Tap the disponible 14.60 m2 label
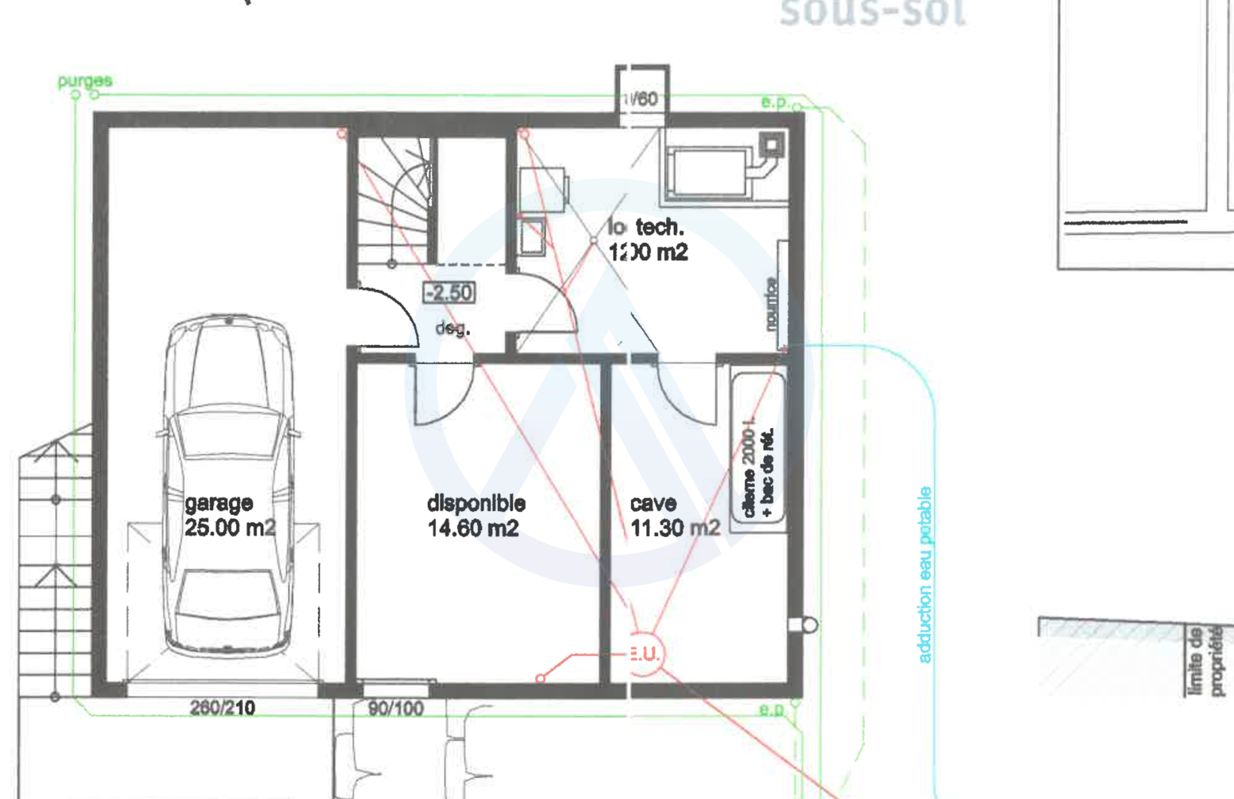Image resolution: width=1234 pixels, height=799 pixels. coord(475,515)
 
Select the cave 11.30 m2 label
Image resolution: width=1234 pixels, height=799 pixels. coord(674,515)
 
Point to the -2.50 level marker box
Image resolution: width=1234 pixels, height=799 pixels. coord(449,293)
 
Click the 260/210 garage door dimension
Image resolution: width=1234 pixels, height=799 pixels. coord(222,708)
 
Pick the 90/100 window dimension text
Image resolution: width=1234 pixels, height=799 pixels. coord(396,708)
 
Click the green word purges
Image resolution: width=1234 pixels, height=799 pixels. coord(84,81)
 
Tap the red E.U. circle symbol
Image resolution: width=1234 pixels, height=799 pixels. coord(645,654)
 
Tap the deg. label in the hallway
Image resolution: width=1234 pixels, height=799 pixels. coord(452,328)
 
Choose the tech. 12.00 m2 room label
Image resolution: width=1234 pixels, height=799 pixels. coord(648,240)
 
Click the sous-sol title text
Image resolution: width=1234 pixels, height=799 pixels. coord(872,13)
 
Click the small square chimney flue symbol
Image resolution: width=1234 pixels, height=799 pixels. coord(772,144)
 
